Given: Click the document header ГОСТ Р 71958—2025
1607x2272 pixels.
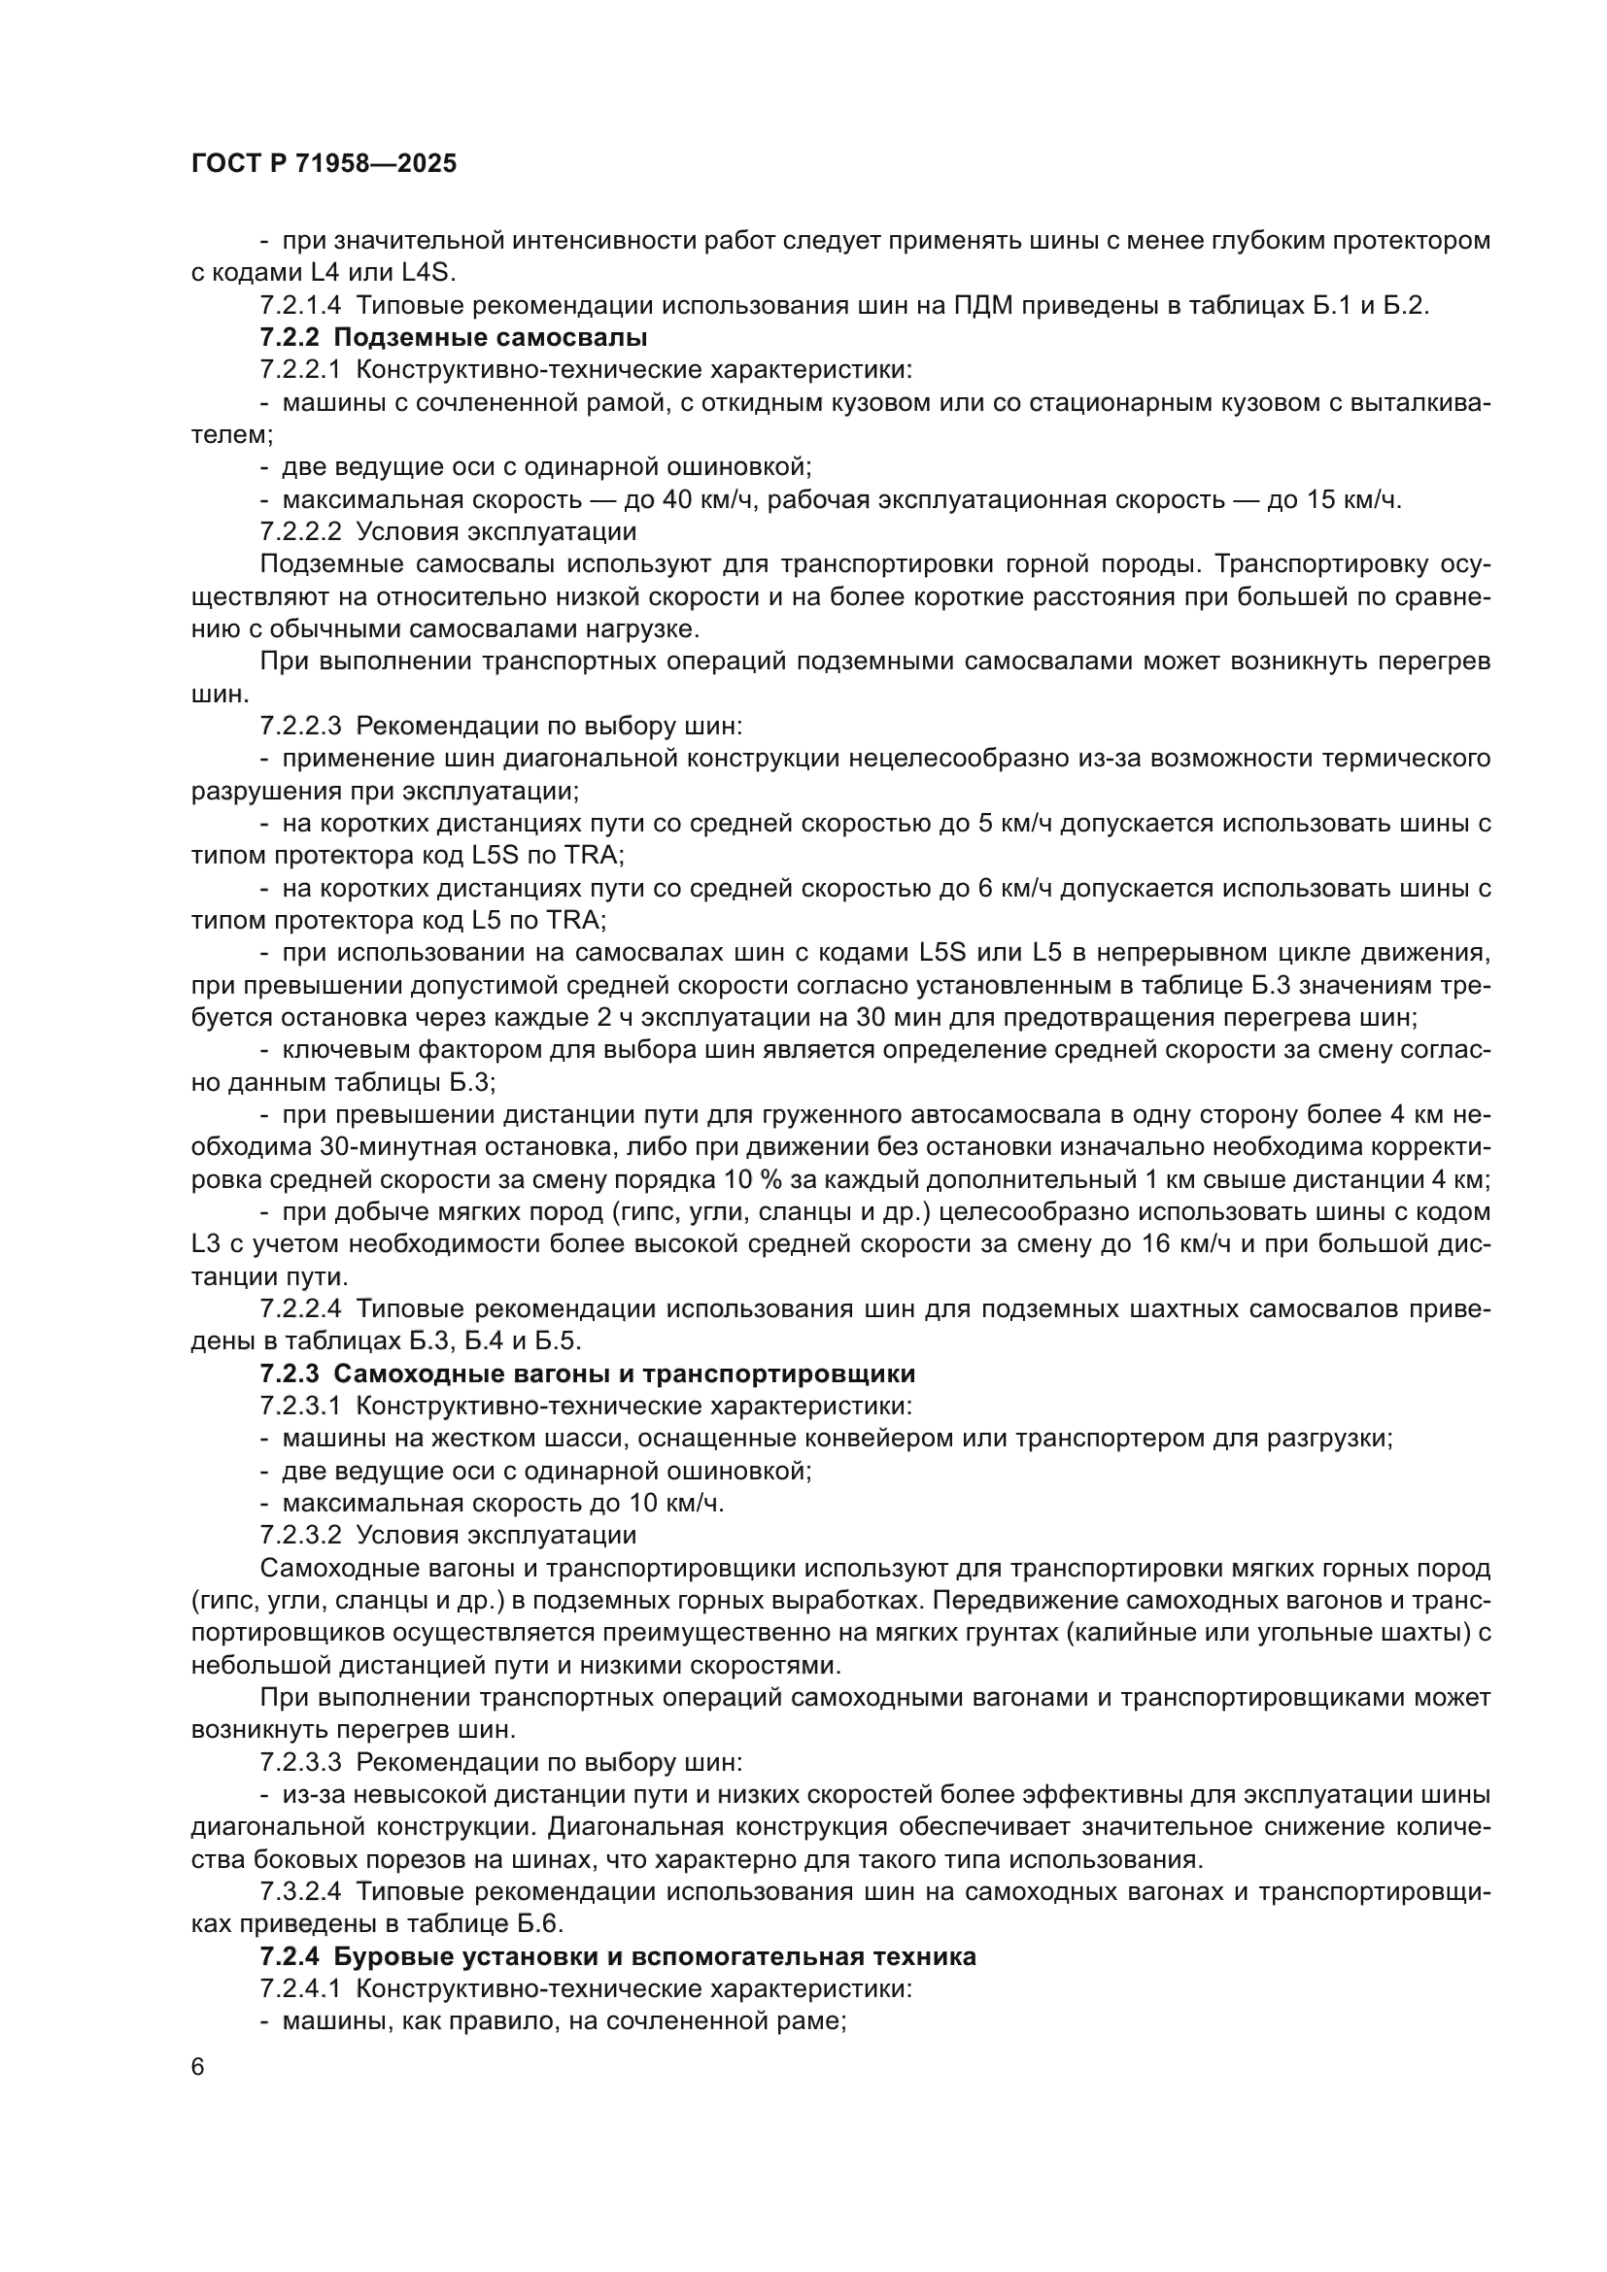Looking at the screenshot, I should click(324, 164).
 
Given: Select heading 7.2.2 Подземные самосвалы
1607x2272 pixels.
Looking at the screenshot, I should click(453, 337).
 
